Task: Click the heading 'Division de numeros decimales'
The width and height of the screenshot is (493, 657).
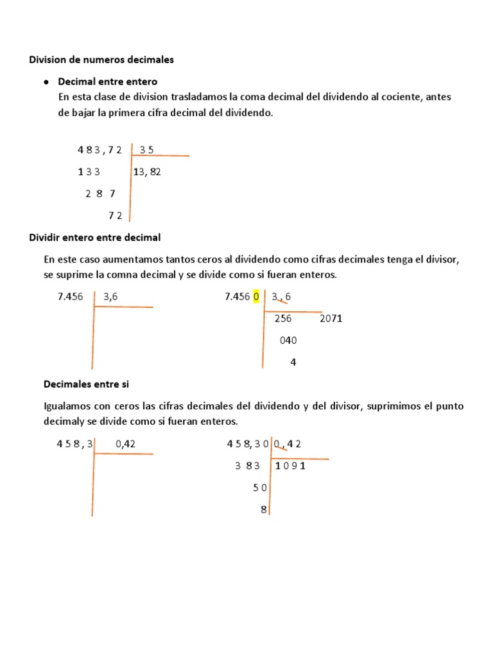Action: [101, 60]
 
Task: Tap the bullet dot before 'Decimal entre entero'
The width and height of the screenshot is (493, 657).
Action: [47, 82]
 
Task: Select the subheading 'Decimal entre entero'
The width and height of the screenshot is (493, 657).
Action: [107, 82]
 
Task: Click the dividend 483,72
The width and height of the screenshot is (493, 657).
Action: [99, 150]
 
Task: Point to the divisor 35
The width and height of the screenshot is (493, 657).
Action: [146, 150]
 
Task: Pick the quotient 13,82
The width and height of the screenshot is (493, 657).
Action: [147, 171]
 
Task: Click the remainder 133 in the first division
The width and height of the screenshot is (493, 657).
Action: [89, 171]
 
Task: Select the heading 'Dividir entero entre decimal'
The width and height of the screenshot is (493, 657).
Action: [95, 237]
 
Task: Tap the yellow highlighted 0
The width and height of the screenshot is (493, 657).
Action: [256, 296]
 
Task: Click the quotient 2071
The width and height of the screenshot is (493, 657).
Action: [331, 318]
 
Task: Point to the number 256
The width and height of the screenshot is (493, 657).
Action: [282, 318]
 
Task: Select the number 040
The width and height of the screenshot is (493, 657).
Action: [288, 341]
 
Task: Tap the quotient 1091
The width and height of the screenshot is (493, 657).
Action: [290, 466]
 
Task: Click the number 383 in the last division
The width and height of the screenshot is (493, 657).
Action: [248, 466]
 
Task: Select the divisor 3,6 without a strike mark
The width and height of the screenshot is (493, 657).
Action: [112, 296]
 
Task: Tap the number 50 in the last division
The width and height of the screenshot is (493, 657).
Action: [260, 488]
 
